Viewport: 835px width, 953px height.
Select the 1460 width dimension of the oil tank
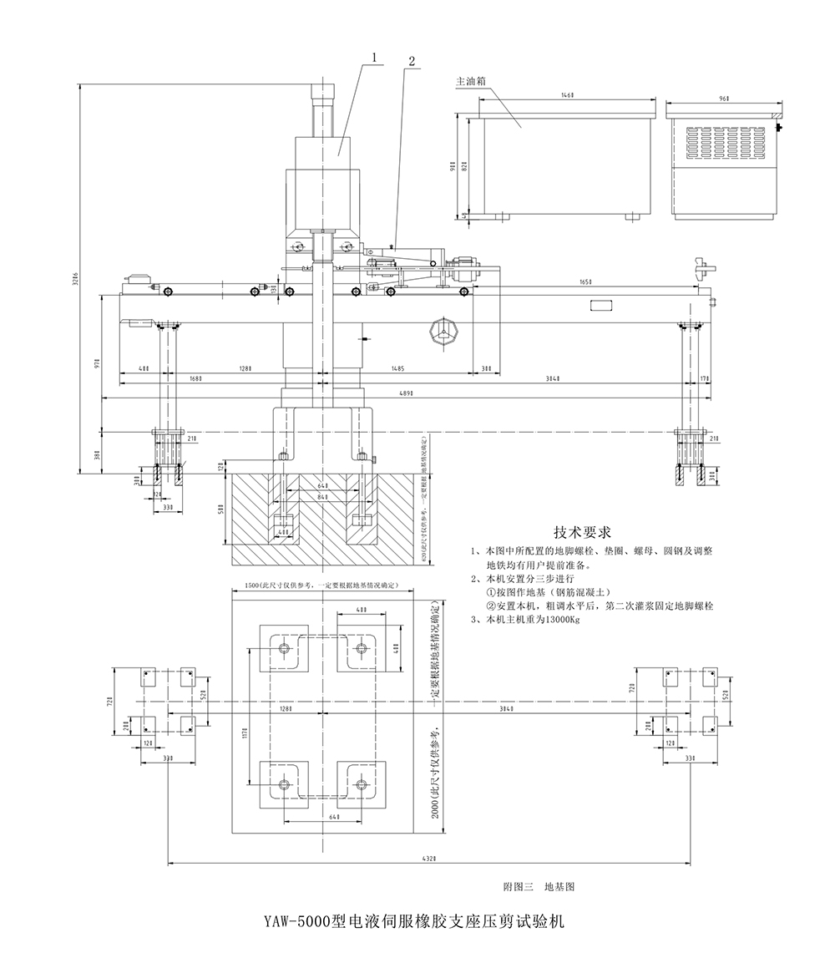[568, 97]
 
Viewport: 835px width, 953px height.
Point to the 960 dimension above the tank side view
[723, 98]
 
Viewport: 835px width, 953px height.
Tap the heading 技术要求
[584, 531]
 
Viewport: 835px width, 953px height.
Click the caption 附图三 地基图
[539, 885]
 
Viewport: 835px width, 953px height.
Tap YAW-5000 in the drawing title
[297, 922]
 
